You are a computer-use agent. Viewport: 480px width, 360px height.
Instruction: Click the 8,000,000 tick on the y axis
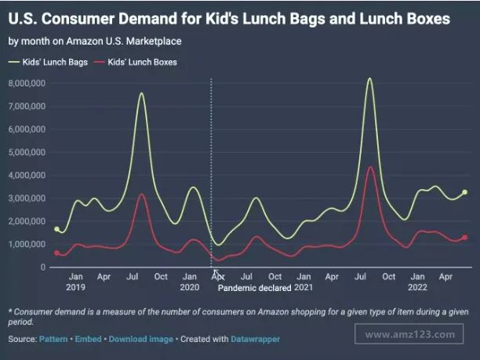click(x=26, y=82)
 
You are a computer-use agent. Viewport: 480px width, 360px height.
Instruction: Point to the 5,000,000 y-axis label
click(x=26, y=151)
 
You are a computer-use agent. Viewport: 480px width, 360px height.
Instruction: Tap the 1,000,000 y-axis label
click(x=26, y=244)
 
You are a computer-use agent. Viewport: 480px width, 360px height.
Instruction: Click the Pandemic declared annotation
click(x=255, y=289)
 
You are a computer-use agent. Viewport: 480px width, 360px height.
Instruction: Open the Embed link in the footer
click(x=85, y=339)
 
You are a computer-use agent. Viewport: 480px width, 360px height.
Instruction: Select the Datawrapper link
click(x=255, y=339)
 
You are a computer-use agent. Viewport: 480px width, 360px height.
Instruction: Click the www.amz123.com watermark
click(x=410, y=334)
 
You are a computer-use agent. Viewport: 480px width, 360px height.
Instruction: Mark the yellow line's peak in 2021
click(x=369, y=78)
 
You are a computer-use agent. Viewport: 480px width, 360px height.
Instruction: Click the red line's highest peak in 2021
click(x=370, y=167)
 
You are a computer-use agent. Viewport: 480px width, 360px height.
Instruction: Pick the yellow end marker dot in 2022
click(x=465, y=192)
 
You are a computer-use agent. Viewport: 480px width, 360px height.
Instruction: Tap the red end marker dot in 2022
click(x=465, y=238)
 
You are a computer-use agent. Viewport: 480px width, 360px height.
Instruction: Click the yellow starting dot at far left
click(x=56, y=229)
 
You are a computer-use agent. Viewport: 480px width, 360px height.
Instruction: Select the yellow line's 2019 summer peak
click(x=141, y=93)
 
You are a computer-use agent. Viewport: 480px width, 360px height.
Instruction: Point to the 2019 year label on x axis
click(x=75, y=287)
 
